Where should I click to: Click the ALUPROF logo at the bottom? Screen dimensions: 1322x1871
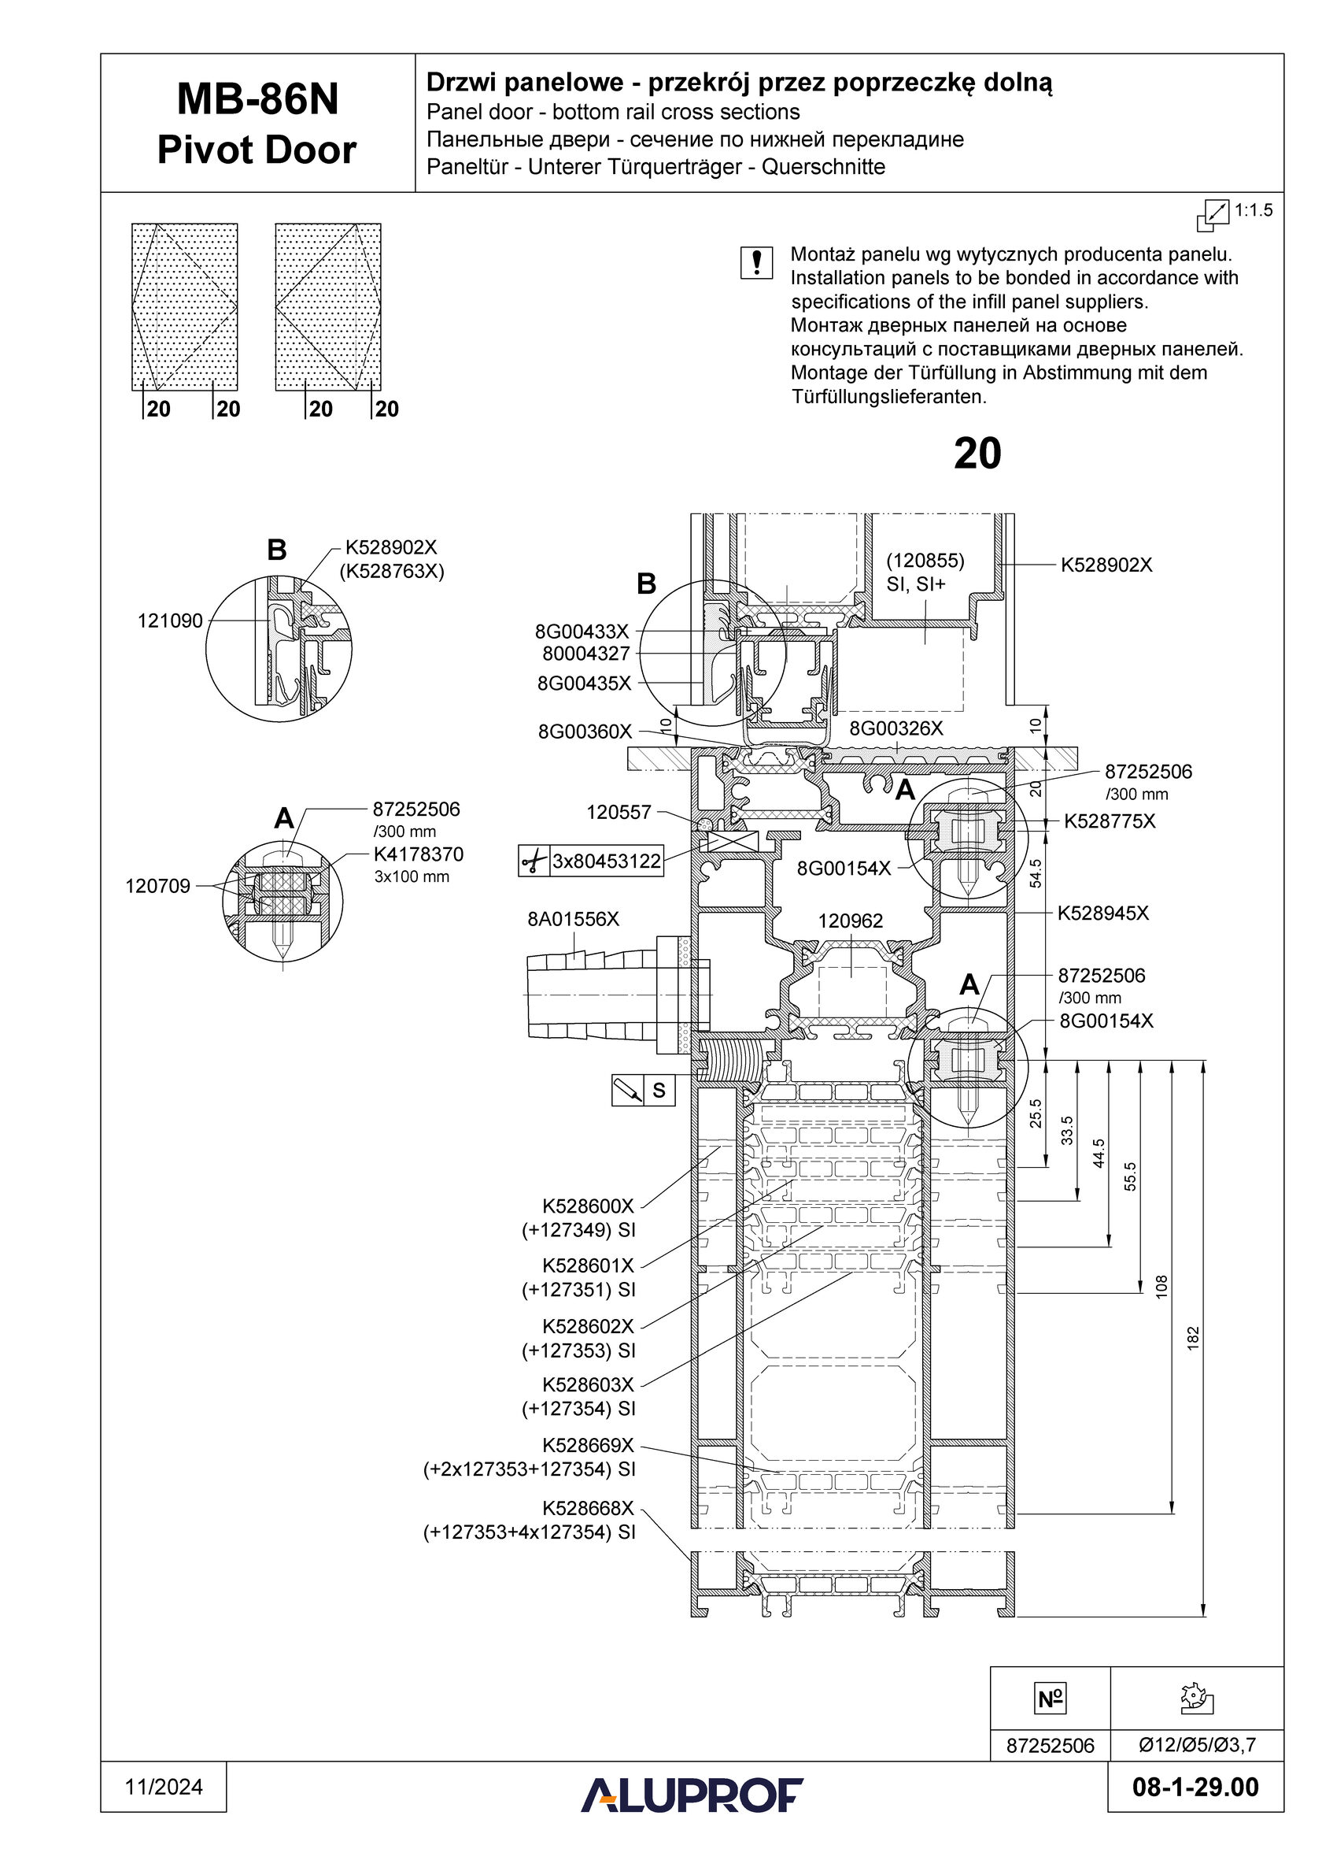pyautogui.click(x=692, y=1795)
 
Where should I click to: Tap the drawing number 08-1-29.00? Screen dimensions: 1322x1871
pyautogui.click(x=1195, y=1787)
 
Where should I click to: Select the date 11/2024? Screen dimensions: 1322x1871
pyautogui.click(x=164, y=1787)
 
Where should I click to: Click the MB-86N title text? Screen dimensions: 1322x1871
pyautogui.click(x=257, y=99)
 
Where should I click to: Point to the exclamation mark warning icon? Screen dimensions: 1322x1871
pyautogui.click(x=757, y=263)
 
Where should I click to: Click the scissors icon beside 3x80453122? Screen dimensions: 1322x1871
pyautogui.click(x=534, y=861)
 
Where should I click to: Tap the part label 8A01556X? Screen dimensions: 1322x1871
pyautogui.click(x=574, y=919)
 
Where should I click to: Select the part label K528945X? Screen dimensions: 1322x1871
pyautogui.click(x=1103, y=913)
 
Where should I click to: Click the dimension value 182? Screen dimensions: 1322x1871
pyautogui.click(x=1193, y=1338)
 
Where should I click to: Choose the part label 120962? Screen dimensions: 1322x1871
pyautogui.click(x=851, y=921)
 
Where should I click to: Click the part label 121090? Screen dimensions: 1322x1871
pyautogui.click(x=169, y=621)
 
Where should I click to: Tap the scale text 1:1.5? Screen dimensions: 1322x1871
pyautogui.click(x=1254, y=210)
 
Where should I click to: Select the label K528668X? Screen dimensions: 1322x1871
pyautogui.click(x=588, y=1508)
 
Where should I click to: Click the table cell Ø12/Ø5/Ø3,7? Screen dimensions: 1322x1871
pyautogui.click(x=1197, y=1745)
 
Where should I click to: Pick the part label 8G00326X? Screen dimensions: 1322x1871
pyautogui.click(x=896, y=728)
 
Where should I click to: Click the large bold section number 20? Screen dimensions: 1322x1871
pyautogui.click(x=977, y=454)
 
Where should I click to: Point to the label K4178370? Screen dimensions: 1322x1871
pyautogui.click(x=419, y=854)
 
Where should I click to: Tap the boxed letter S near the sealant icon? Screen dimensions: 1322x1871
pyautogui.click(x=659, y=1091)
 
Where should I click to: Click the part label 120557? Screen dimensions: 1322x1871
pyautogui.click(x=619, y=813)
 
